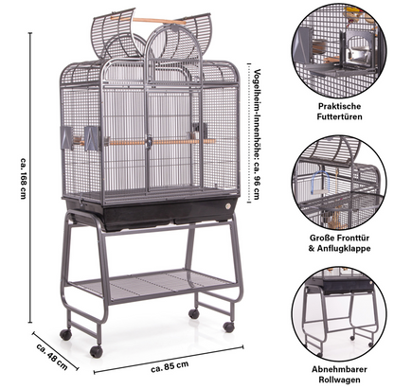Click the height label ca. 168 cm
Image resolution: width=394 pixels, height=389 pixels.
pyautogui.click(x=23, y=178)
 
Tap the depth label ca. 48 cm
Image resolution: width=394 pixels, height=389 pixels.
pyautogui.click(x=52, y=357)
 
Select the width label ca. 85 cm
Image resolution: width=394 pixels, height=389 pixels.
pyautogui.click(x=170, y=366)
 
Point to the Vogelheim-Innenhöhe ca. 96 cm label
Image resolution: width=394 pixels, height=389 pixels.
pyautogui.click(x=258, y=133)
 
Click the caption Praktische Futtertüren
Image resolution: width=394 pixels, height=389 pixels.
pyautogui.click(x=339, y=112)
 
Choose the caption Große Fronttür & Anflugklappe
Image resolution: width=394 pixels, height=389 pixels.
pyautogui.click(x=339, y=243)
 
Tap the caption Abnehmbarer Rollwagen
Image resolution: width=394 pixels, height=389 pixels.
pyautogui.click(x=339, y=374)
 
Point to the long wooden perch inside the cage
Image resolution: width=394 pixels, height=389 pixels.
pyautogui.click(x=158, y=142)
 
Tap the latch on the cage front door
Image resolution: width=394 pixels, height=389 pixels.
pyautogui.click(x=149, y=141)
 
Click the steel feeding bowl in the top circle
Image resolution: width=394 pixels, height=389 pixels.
pyautogui.click(x=357, y=56)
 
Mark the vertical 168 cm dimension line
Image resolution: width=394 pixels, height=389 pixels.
pyautogui.click(x=30, y=178)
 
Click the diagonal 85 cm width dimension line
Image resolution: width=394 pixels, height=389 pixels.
pyautogui.click(x=169, y=360)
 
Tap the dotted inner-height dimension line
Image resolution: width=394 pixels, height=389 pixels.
pyautogui.click(x=248, y=133)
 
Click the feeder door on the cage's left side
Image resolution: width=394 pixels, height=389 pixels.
pyautogui.click(x=67, y=138)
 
